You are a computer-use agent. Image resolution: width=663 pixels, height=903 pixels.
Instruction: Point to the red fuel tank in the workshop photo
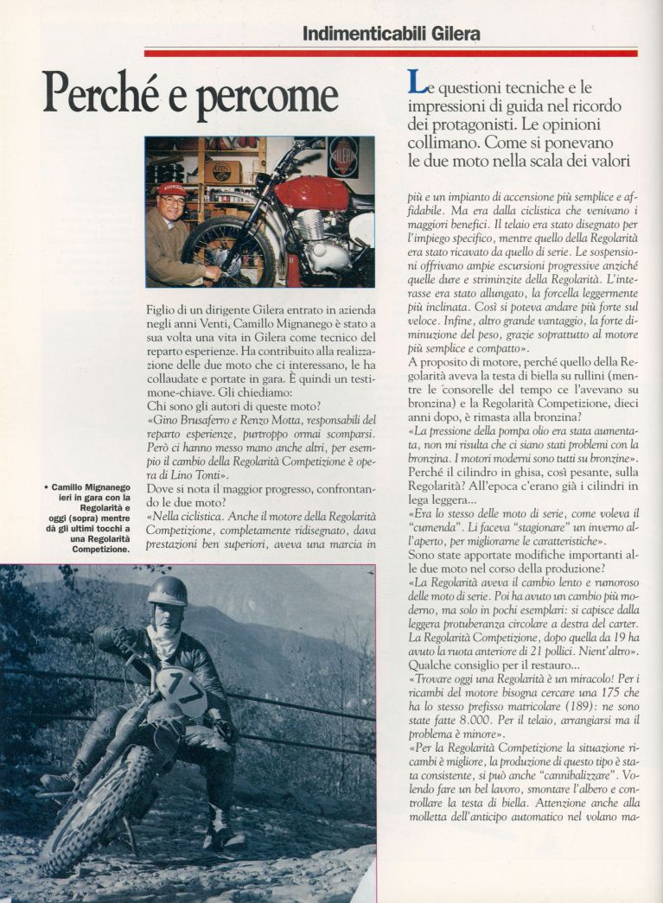[312, 193]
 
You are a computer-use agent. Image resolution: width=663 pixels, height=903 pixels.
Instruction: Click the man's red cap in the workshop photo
[172, 188]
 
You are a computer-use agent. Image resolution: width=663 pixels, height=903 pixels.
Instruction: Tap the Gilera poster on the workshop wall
[342, 156]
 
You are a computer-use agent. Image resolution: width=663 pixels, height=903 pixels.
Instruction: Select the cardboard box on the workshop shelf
[223, 171]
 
